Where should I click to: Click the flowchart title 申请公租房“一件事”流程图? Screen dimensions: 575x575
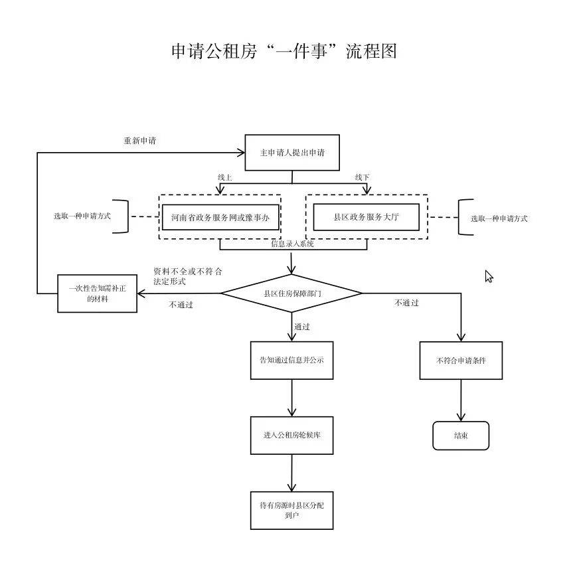point(284,51)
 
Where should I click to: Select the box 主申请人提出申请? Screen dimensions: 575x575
point(292,153)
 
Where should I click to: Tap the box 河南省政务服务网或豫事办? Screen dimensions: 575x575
point(220,217)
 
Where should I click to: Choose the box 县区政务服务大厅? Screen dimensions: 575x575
point(366,217)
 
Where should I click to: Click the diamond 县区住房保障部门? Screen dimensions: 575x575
point(292,293)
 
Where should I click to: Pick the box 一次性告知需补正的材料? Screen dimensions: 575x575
point(97,293)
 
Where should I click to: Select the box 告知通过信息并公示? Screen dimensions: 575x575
point(291,360)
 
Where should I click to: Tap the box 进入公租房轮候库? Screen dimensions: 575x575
point(291,436)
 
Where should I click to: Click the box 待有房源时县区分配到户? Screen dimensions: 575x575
point(291,510)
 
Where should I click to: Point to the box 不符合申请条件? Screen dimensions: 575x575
point(461,361)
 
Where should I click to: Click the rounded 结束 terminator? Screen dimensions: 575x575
point(461,436)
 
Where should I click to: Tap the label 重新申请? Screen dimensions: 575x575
point(140,141)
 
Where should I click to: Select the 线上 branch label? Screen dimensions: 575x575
point(225,177)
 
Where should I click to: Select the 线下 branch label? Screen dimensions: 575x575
point(362,177)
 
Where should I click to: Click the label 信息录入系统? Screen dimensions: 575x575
point(293,244)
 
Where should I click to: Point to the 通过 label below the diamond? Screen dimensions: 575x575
point(302,327)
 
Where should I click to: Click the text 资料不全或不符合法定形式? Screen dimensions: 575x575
point(187,276)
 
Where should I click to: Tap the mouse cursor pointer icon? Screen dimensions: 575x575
point(489,276)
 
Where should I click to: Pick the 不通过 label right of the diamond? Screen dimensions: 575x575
point(406,303)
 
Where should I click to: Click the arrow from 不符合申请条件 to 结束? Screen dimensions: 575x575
point(461,400)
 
